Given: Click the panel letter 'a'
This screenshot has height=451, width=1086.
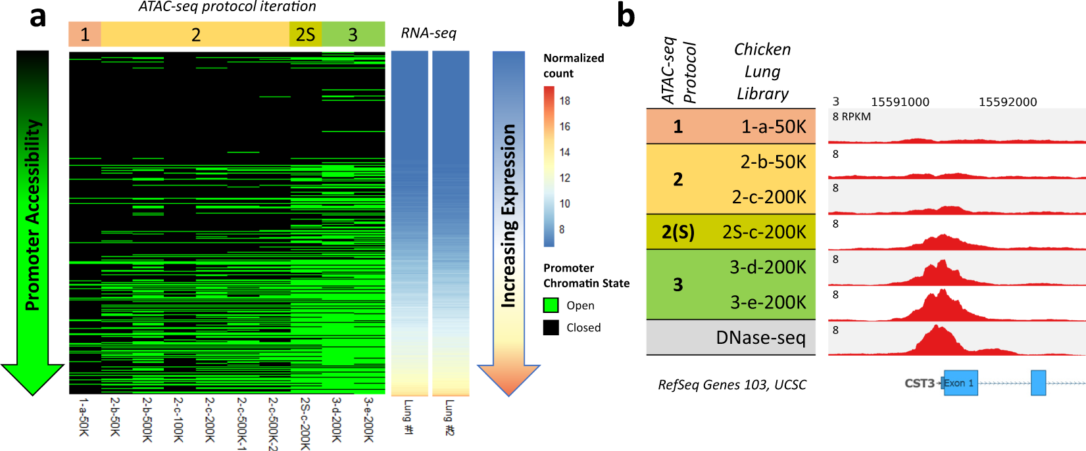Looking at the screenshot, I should [37, 16].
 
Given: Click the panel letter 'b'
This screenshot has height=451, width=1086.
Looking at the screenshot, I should [626, 16].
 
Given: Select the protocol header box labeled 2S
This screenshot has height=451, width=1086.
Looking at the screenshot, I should [305, 34].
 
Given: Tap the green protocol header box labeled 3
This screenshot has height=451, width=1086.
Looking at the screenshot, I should [353, 34].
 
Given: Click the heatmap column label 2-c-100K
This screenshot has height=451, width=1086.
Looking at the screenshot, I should [178, 419].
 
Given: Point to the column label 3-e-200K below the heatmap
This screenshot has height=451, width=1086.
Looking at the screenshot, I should [368, 419].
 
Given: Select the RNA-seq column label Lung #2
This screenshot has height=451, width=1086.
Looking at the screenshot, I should [449, 417].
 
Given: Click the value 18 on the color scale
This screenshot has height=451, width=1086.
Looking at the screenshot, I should [564, 101].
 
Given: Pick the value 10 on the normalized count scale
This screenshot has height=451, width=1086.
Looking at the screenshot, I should [564, 204].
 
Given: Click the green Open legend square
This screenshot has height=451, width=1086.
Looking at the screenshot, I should [551, 305].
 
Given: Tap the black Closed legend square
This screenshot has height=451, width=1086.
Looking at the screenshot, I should [551, 327].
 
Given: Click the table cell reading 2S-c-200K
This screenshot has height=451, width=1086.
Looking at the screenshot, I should [764, 232].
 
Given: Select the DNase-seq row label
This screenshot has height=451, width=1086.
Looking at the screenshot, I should [760, 338].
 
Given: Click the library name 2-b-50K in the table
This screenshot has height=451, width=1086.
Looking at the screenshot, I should [773, 162].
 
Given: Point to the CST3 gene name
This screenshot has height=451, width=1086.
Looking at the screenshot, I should [919, 383].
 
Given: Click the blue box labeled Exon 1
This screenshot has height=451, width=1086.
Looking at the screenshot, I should [960, 383].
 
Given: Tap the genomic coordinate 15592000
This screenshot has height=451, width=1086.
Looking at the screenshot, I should [1007, 102].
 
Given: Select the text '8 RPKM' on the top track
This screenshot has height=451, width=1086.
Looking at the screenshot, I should [851, 117].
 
